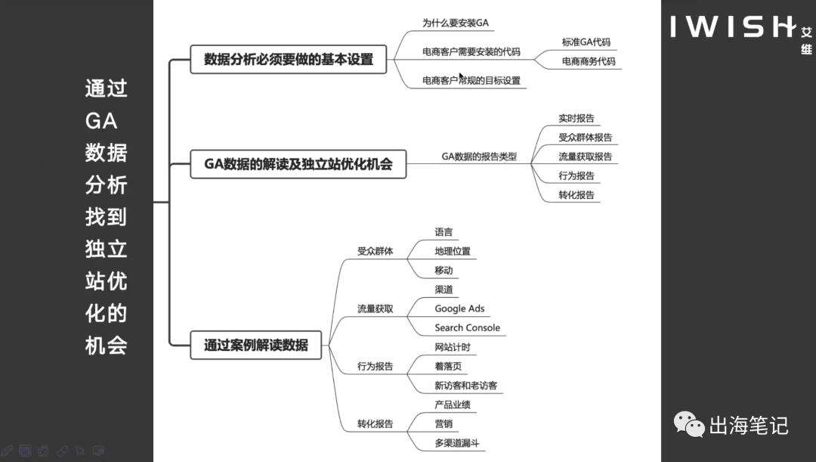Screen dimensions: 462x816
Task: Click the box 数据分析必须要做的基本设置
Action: point(289,60)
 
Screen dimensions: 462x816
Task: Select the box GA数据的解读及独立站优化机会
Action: point(298,164)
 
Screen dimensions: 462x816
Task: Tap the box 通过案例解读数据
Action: point(256,345)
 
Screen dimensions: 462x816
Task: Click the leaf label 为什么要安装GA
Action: point(456,23)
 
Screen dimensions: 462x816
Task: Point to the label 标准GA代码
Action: point(586,42)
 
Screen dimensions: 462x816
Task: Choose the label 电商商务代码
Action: point(589,61)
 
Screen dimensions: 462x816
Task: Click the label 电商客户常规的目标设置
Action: point(471,80)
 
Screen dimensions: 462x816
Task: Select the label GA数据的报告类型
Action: point(479,157)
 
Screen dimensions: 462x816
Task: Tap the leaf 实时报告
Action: point(576,119)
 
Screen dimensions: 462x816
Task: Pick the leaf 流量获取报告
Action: point(585,157)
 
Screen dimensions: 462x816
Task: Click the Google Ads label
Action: point(459,309)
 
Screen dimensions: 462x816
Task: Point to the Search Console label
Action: point(467,327)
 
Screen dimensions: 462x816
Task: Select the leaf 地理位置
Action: point(453,251)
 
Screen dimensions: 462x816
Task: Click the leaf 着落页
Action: point(448,366)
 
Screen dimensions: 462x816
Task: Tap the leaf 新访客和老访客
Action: point(465,386)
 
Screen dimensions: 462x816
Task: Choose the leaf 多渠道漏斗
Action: point(457,443)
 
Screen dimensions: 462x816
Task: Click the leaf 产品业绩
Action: point(453,405)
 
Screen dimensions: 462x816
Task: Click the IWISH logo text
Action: point(731,26)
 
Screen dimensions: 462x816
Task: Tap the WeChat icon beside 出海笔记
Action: point(689,425)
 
